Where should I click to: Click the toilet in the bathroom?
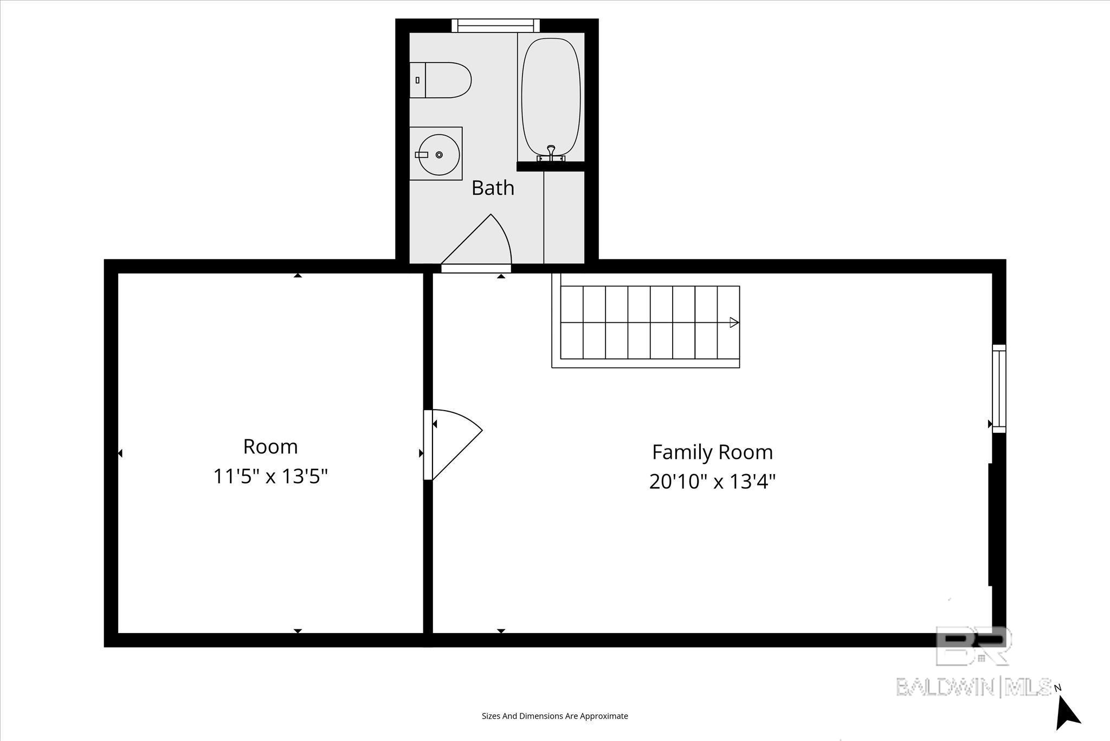click(x=440, y=80)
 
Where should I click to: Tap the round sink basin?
click(x=439, y=155)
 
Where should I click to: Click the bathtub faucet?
click(x=551, y=154)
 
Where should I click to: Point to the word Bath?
click(x=493, y=188)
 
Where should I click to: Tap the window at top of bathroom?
click(x=496, y=25)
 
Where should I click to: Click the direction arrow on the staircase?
click(x=734, y=322)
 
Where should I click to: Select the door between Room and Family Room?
click(x=453, y=445)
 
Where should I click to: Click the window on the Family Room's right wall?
click(x=999, y=388)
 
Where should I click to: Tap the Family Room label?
click(x=712, y=452)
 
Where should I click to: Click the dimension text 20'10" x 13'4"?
click(x=712, y=481)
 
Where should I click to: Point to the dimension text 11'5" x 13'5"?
click(x=270, y=476)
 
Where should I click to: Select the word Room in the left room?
click(x=270, y=446)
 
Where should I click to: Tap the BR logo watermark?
click(x=973, y=646)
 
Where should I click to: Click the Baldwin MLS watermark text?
click(x=974, y=687)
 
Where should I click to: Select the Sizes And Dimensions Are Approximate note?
click(x=555, y=716)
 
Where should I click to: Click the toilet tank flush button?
click(x=417, y=80)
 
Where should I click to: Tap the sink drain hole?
click(x=439, y=155)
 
